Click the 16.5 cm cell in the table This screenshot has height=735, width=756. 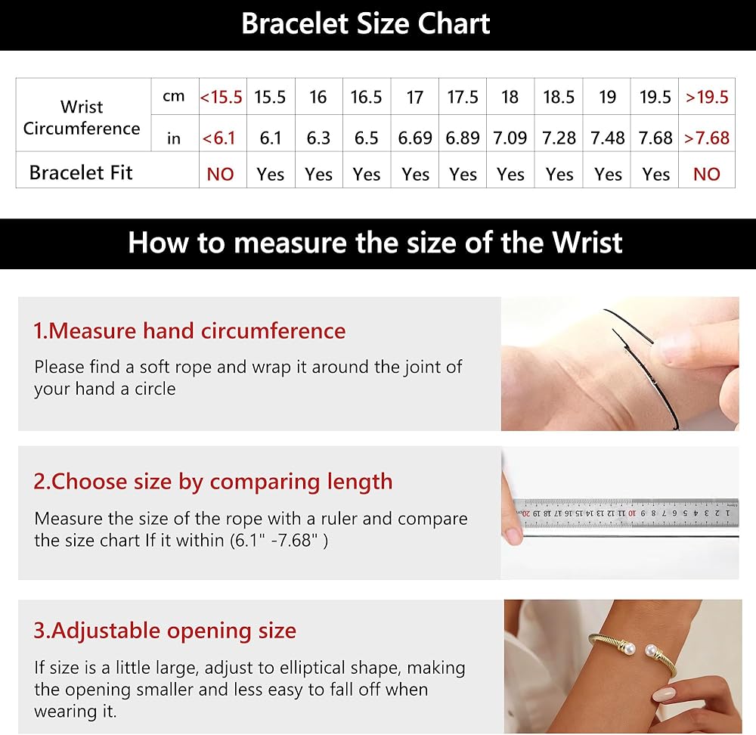[366, 97]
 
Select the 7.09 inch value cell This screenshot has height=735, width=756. [510, 138]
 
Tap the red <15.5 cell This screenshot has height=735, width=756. [222, 97]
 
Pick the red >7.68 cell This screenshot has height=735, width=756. [707, 138]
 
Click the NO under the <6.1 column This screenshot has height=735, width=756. [220, 174]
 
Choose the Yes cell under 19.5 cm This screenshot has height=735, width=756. [655, 174]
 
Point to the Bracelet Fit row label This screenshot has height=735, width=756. [81, 172]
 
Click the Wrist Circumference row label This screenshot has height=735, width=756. [82, 117]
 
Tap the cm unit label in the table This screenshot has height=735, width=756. [174, 97]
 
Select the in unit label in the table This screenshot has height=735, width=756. [174, 138]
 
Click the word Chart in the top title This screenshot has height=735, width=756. [454, 23]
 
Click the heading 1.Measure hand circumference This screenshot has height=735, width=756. [190, 331]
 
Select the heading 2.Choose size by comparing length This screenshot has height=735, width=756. [212, 482]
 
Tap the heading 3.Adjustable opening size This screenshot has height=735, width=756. [164, 631]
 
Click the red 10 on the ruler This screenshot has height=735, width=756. [631, 513]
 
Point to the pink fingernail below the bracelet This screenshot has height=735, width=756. [665, 694]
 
